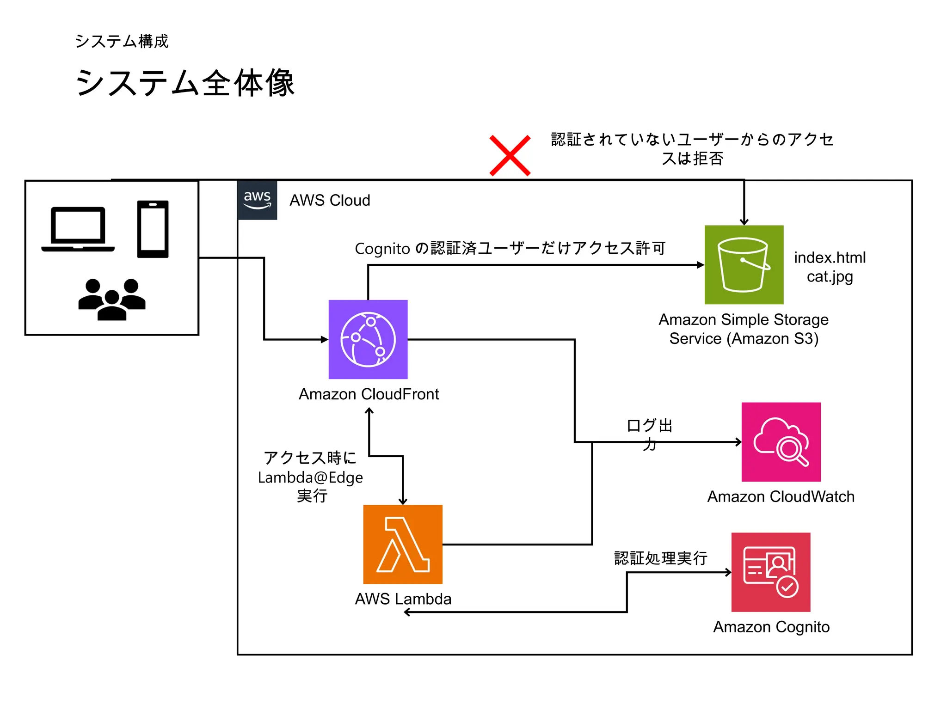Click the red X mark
(510, 155)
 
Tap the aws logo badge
(257, 200)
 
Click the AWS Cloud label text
(330, 200)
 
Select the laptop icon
(78, 229)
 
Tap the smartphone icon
(153, 229)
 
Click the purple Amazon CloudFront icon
(368, 339)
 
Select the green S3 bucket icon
(744, 264)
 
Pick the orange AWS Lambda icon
(403, 544)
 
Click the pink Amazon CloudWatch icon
(781, 442)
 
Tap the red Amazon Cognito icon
(770, 572)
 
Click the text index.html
(830, 257)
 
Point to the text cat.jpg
(830, 276)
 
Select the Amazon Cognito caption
(771, 627)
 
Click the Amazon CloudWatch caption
(781, 496)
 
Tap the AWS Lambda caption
(403, 599)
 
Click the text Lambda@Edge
(310, 477)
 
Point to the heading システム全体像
(185, 83)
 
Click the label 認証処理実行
(660, 558)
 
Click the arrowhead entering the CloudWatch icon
(738, 442)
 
